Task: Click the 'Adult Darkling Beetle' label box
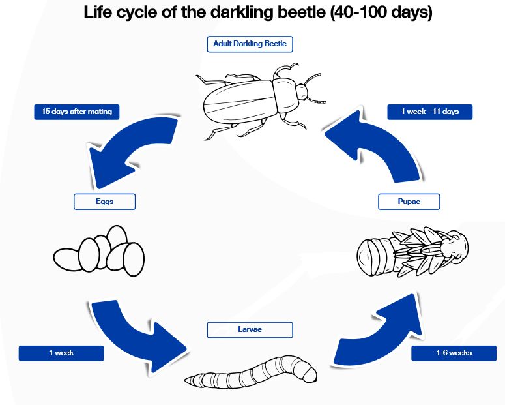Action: pyautogui.click(x=250, y=44)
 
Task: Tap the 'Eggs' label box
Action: pyautogui.click(x=104, y=202)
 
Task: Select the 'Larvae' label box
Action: pyautogui.click(x=250, y=330)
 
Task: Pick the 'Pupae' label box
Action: pyautogui.click(x=409, y=202)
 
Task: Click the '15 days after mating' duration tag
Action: pyautogui.click(x=77, y=112)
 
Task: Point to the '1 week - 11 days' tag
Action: pyautogui.click(x=429, y=112)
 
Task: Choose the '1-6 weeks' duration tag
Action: pyautogui.click(x=454, y=353)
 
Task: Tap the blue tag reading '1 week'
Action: pyautogui.click(x=61, y=353)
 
